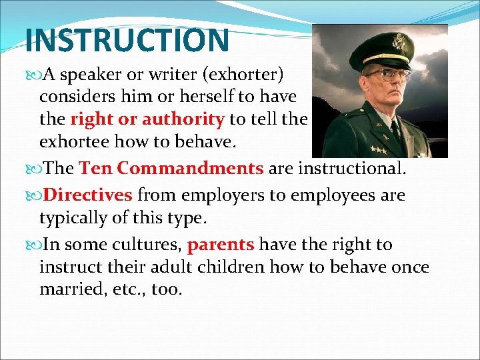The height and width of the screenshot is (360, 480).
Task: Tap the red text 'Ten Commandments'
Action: pos(171,168)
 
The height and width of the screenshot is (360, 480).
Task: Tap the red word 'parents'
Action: pos(221,245)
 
